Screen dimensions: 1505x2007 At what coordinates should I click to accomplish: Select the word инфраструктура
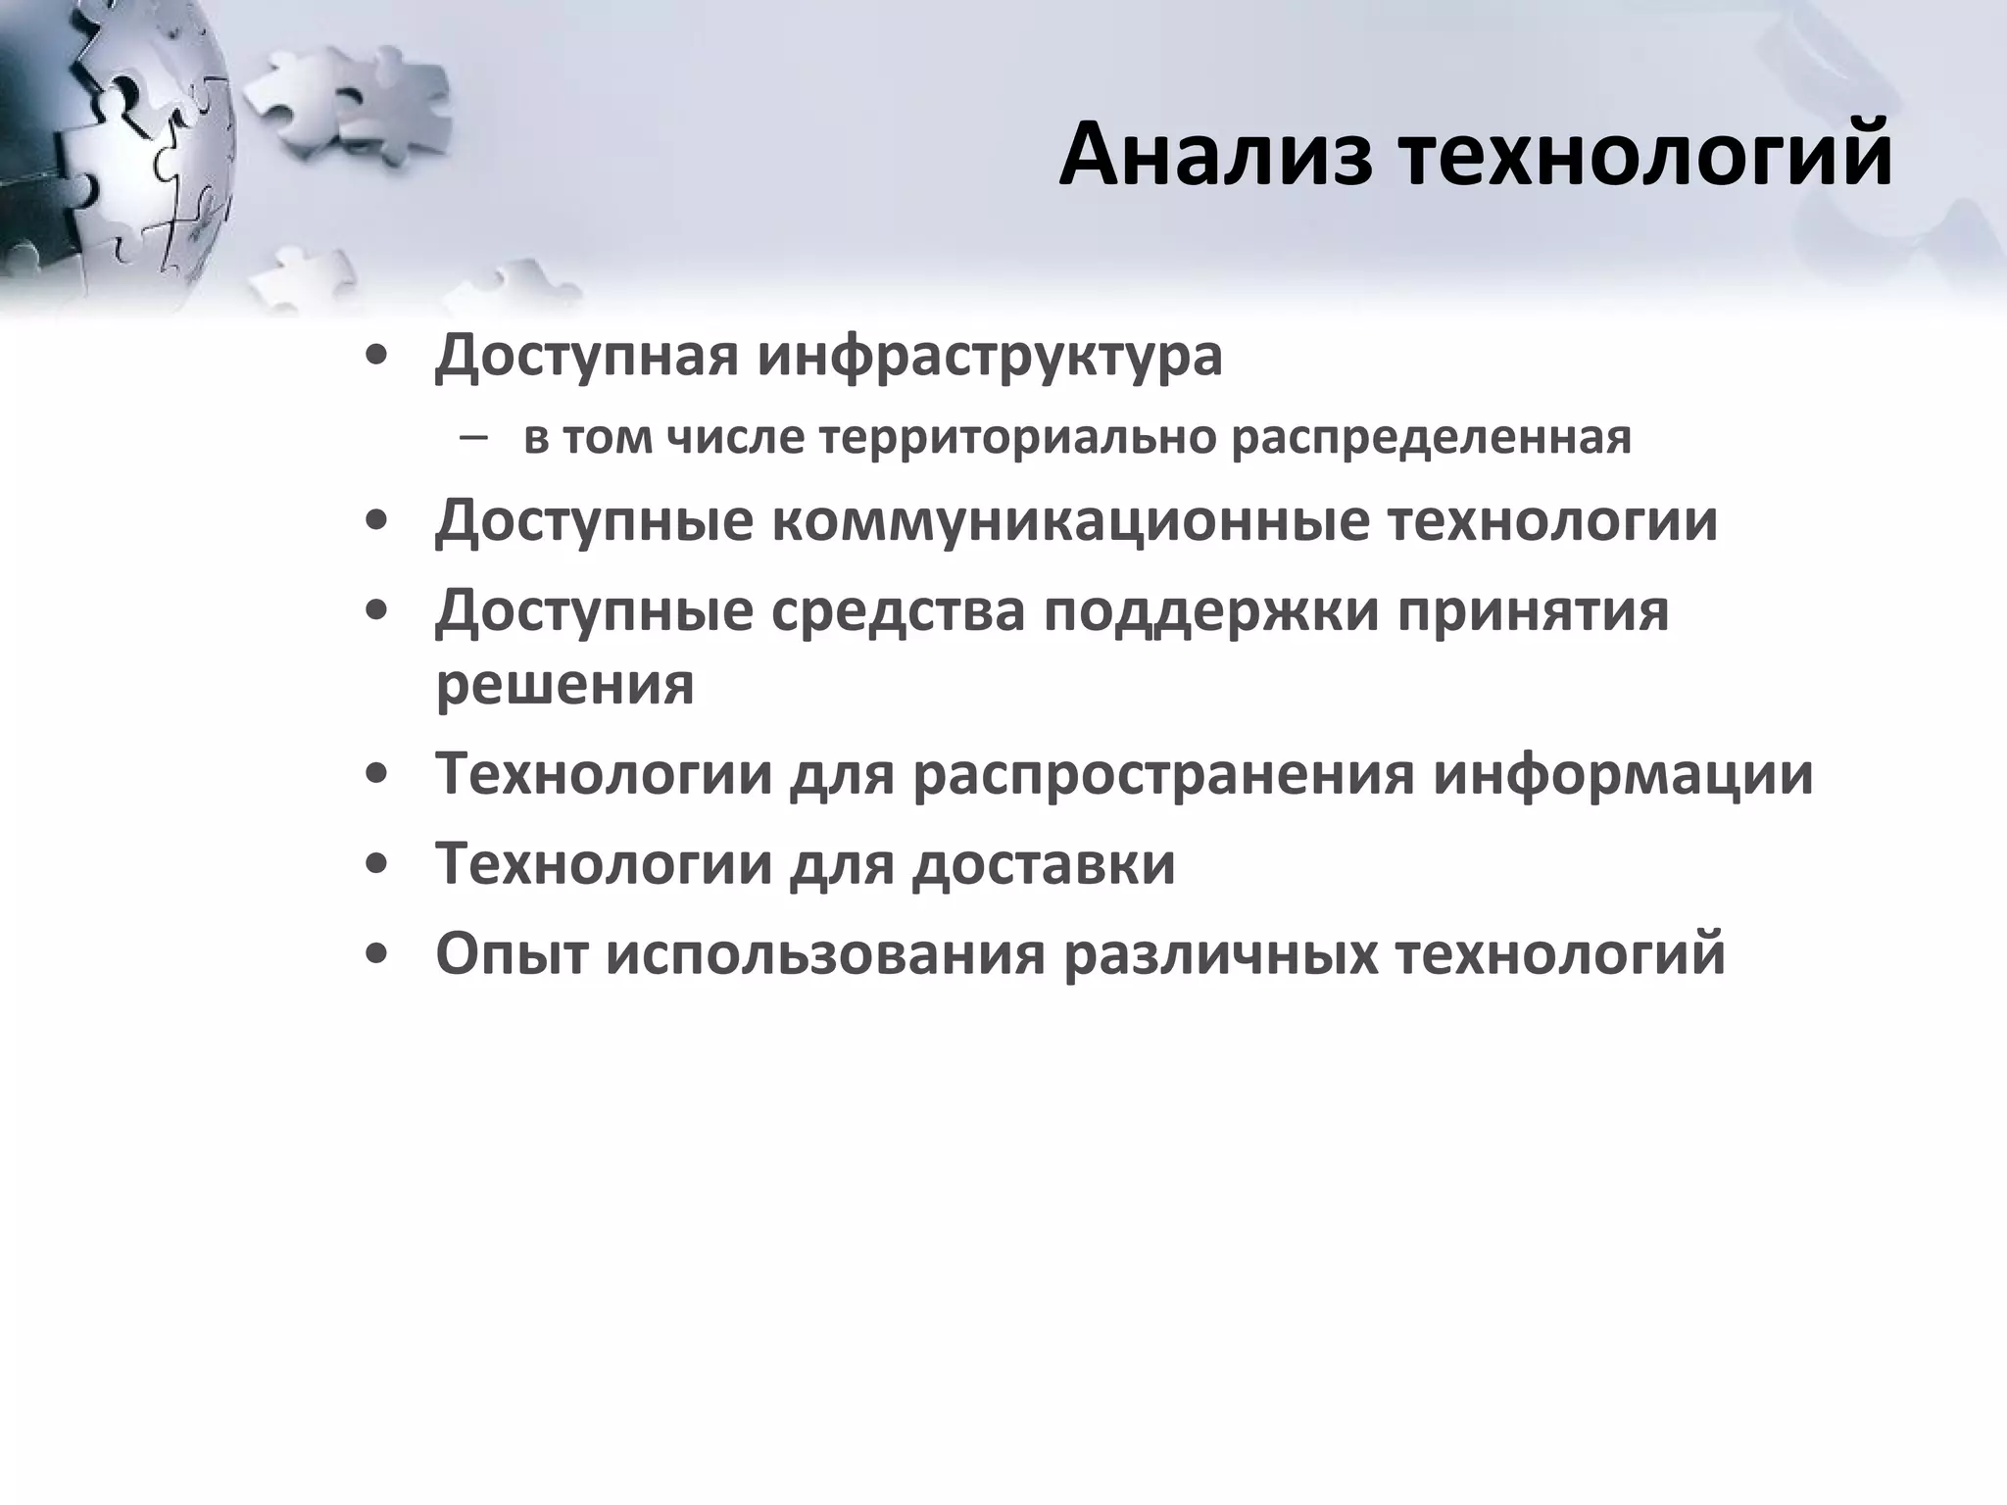coord(989,356)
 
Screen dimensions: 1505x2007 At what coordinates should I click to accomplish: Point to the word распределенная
coord(1431,438)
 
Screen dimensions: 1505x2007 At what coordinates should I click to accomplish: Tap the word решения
coord(564,685)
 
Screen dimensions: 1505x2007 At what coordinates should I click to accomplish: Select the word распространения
coord(1163,774)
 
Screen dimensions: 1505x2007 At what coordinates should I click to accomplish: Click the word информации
coord(1623,774)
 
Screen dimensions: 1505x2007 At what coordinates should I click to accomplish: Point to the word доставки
coord(1043,864)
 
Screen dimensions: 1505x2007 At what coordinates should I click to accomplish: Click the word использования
coord(825,954)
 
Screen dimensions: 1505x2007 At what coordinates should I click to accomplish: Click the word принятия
coord(1533,612)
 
